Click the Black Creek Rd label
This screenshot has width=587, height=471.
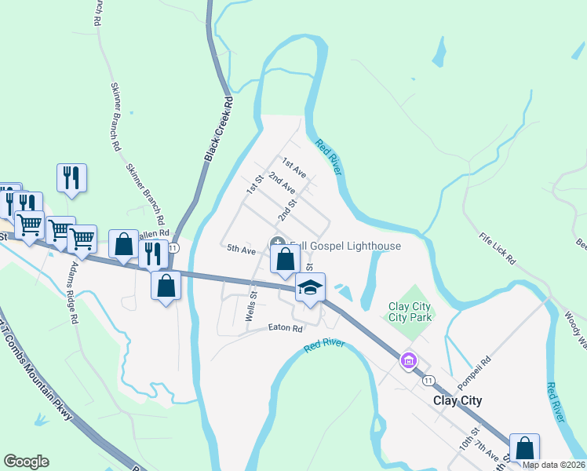point(219,130)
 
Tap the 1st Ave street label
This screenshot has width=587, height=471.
point(293,166)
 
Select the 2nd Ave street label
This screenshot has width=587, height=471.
point(281,184)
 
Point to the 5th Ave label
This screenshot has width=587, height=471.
point(242,250)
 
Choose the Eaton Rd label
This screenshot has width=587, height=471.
point(285,328)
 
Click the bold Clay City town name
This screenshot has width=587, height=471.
point(458,400)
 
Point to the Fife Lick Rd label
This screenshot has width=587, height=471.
point(498,248)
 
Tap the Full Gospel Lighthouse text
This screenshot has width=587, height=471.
point(345,246)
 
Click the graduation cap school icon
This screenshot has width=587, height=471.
point(310,288)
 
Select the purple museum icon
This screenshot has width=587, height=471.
point(408,361)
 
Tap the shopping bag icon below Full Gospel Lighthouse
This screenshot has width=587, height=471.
point(285,258)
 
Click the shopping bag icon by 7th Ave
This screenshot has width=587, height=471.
point(524,448)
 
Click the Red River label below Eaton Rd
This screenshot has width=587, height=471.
point(325,345)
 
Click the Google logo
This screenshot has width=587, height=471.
point(26,462)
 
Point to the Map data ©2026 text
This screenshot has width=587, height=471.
point(553,465)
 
